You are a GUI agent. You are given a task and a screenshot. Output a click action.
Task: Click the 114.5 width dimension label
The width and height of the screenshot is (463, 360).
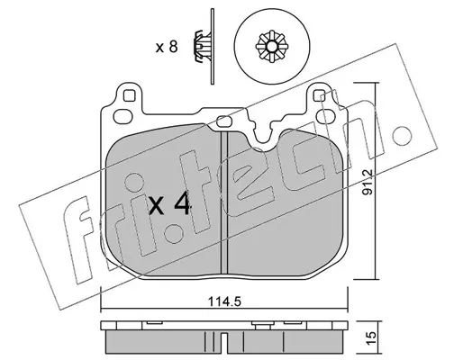(x=224, y=301)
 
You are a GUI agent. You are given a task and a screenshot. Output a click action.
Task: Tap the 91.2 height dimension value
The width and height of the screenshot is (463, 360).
(x=368, y=182)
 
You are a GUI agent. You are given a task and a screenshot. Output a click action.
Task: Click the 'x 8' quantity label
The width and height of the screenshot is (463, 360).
(x=167, y=47)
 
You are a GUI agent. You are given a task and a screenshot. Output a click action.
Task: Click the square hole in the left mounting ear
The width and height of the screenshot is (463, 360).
(x=129, y=96)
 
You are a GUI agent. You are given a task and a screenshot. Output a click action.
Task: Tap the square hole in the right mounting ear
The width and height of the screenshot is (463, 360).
(x=318, y=95)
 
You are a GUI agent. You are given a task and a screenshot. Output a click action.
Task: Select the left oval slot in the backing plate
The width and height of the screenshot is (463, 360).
(x=123, y=116)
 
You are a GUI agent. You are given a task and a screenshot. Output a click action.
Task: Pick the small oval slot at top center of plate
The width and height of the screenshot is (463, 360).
(x=224, y=121)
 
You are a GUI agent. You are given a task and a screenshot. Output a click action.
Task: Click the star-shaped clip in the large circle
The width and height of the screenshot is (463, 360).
(x=272, y=47)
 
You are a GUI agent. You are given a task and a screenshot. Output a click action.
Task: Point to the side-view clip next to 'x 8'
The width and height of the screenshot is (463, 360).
(x=201, y=47)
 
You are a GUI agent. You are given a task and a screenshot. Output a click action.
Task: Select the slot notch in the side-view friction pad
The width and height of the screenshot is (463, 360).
(x=223, y=338)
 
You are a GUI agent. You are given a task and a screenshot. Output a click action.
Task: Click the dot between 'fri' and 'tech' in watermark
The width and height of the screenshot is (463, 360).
(x=174, y=232)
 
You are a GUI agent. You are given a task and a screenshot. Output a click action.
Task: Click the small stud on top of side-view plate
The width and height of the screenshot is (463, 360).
(x=262, y=325)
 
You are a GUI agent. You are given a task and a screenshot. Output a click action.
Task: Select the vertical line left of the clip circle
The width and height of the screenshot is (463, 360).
(x=213, y=47)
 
